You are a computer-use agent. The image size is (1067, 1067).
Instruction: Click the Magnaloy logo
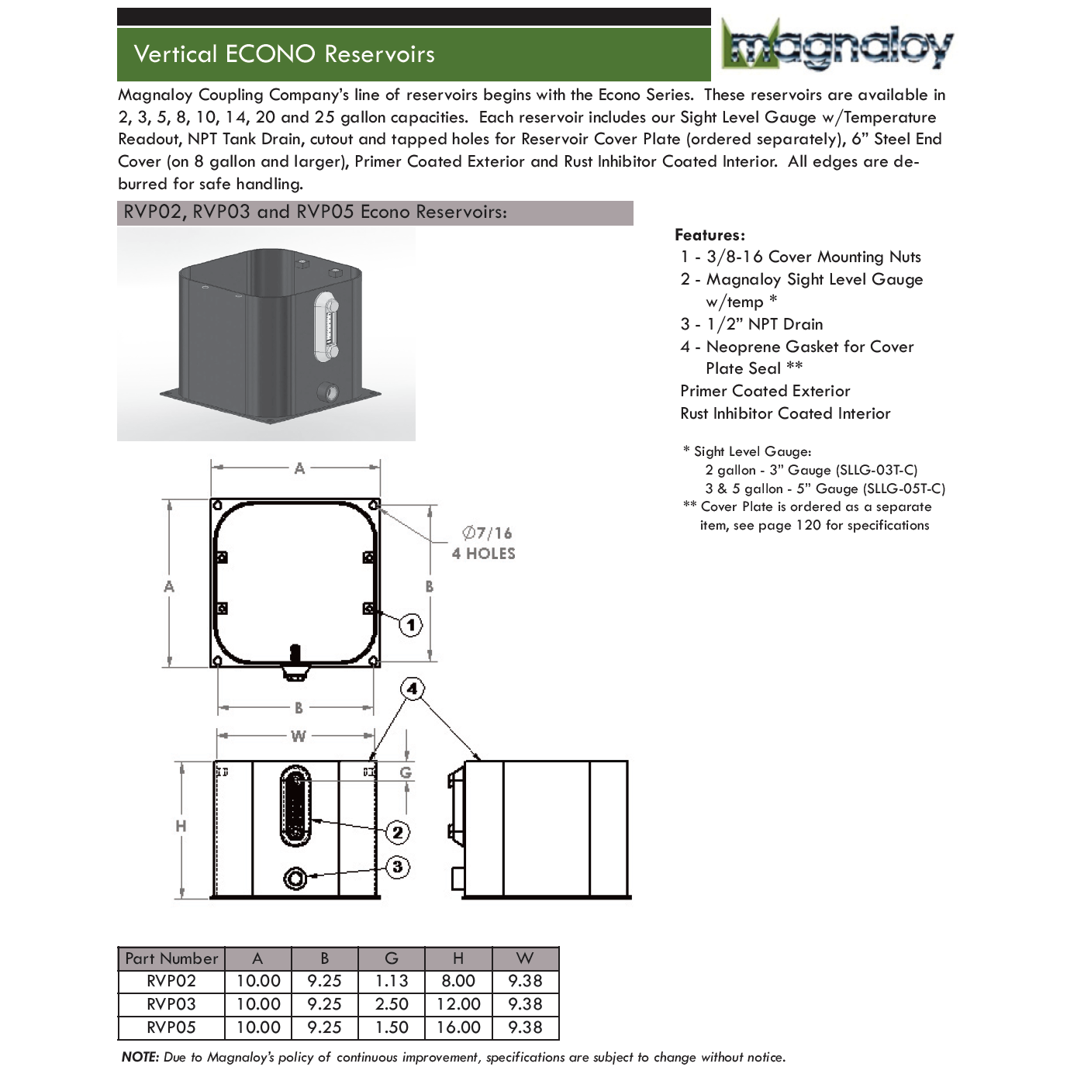tap(837, 45)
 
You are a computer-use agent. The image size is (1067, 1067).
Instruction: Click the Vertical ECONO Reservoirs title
tap(284, 54)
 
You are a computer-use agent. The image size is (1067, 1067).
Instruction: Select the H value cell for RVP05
tap(458, 1027)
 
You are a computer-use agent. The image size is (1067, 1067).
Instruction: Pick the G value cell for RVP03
tap(392, 1004)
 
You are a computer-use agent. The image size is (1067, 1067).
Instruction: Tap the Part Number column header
tap(171, 958)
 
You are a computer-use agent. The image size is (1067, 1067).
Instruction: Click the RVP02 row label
tap(171, 981)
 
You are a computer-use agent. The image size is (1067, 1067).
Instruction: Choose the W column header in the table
tap(525, 958)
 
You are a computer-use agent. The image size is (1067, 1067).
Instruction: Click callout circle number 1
tap(410, 624)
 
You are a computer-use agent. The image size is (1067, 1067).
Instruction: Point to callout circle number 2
tap(397, 832)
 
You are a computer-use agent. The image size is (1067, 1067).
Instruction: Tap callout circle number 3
tap(397, 866)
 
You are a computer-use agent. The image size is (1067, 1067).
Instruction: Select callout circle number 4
tap(412, 689)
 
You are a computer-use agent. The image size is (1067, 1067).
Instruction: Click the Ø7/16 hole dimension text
tap(487, 533)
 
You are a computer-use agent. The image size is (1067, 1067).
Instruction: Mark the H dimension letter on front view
tap(181, 826)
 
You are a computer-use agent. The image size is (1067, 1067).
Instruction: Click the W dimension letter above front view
tap(298, 736)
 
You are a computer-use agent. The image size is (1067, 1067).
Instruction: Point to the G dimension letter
tap(406, 773)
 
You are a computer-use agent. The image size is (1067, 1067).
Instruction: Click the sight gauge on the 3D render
tap(327, 327)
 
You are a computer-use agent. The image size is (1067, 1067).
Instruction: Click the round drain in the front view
tap(295, 878)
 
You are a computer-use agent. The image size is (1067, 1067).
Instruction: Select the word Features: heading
tap(710, 235)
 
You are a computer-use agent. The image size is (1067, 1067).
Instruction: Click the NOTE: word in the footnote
tap(140, 1057)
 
